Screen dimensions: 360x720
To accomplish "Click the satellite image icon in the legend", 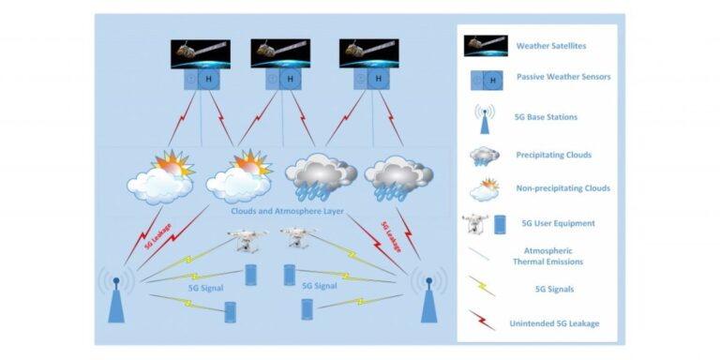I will [x=486, y=45].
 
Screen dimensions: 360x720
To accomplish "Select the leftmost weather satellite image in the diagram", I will [x=199, y=52].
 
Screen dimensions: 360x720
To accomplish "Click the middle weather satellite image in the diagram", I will [x=279, y=52].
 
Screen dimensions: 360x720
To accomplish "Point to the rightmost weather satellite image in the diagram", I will [x=368, y=52].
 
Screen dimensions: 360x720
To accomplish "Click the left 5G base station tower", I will [x=116, y=294].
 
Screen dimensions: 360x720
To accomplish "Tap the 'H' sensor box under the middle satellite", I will [x=291, y=82].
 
